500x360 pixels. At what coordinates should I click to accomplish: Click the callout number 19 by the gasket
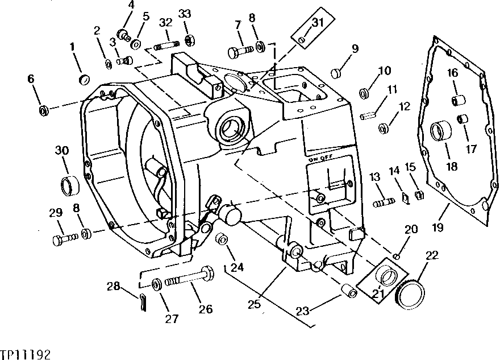(438, 227)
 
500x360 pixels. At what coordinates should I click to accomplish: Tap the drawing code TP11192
(25, 354)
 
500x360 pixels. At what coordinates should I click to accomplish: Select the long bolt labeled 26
(189, 278)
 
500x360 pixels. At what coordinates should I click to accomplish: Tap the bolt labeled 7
(241, 51)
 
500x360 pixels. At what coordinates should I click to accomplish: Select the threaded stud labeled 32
(165, 47)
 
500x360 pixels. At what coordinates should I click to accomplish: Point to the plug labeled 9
(336, 73)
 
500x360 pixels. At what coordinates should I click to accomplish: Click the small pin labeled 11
(367, 116)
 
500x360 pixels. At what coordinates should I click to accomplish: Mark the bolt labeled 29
(65, 239)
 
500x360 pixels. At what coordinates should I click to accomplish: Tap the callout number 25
(255, 304)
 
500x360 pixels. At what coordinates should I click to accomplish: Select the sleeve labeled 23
(349, 291)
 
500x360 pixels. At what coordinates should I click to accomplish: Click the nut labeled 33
(190, 40)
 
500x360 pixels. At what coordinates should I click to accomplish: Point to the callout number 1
(72, 47)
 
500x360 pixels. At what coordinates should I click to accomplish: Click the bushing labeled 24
(221, 239)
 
